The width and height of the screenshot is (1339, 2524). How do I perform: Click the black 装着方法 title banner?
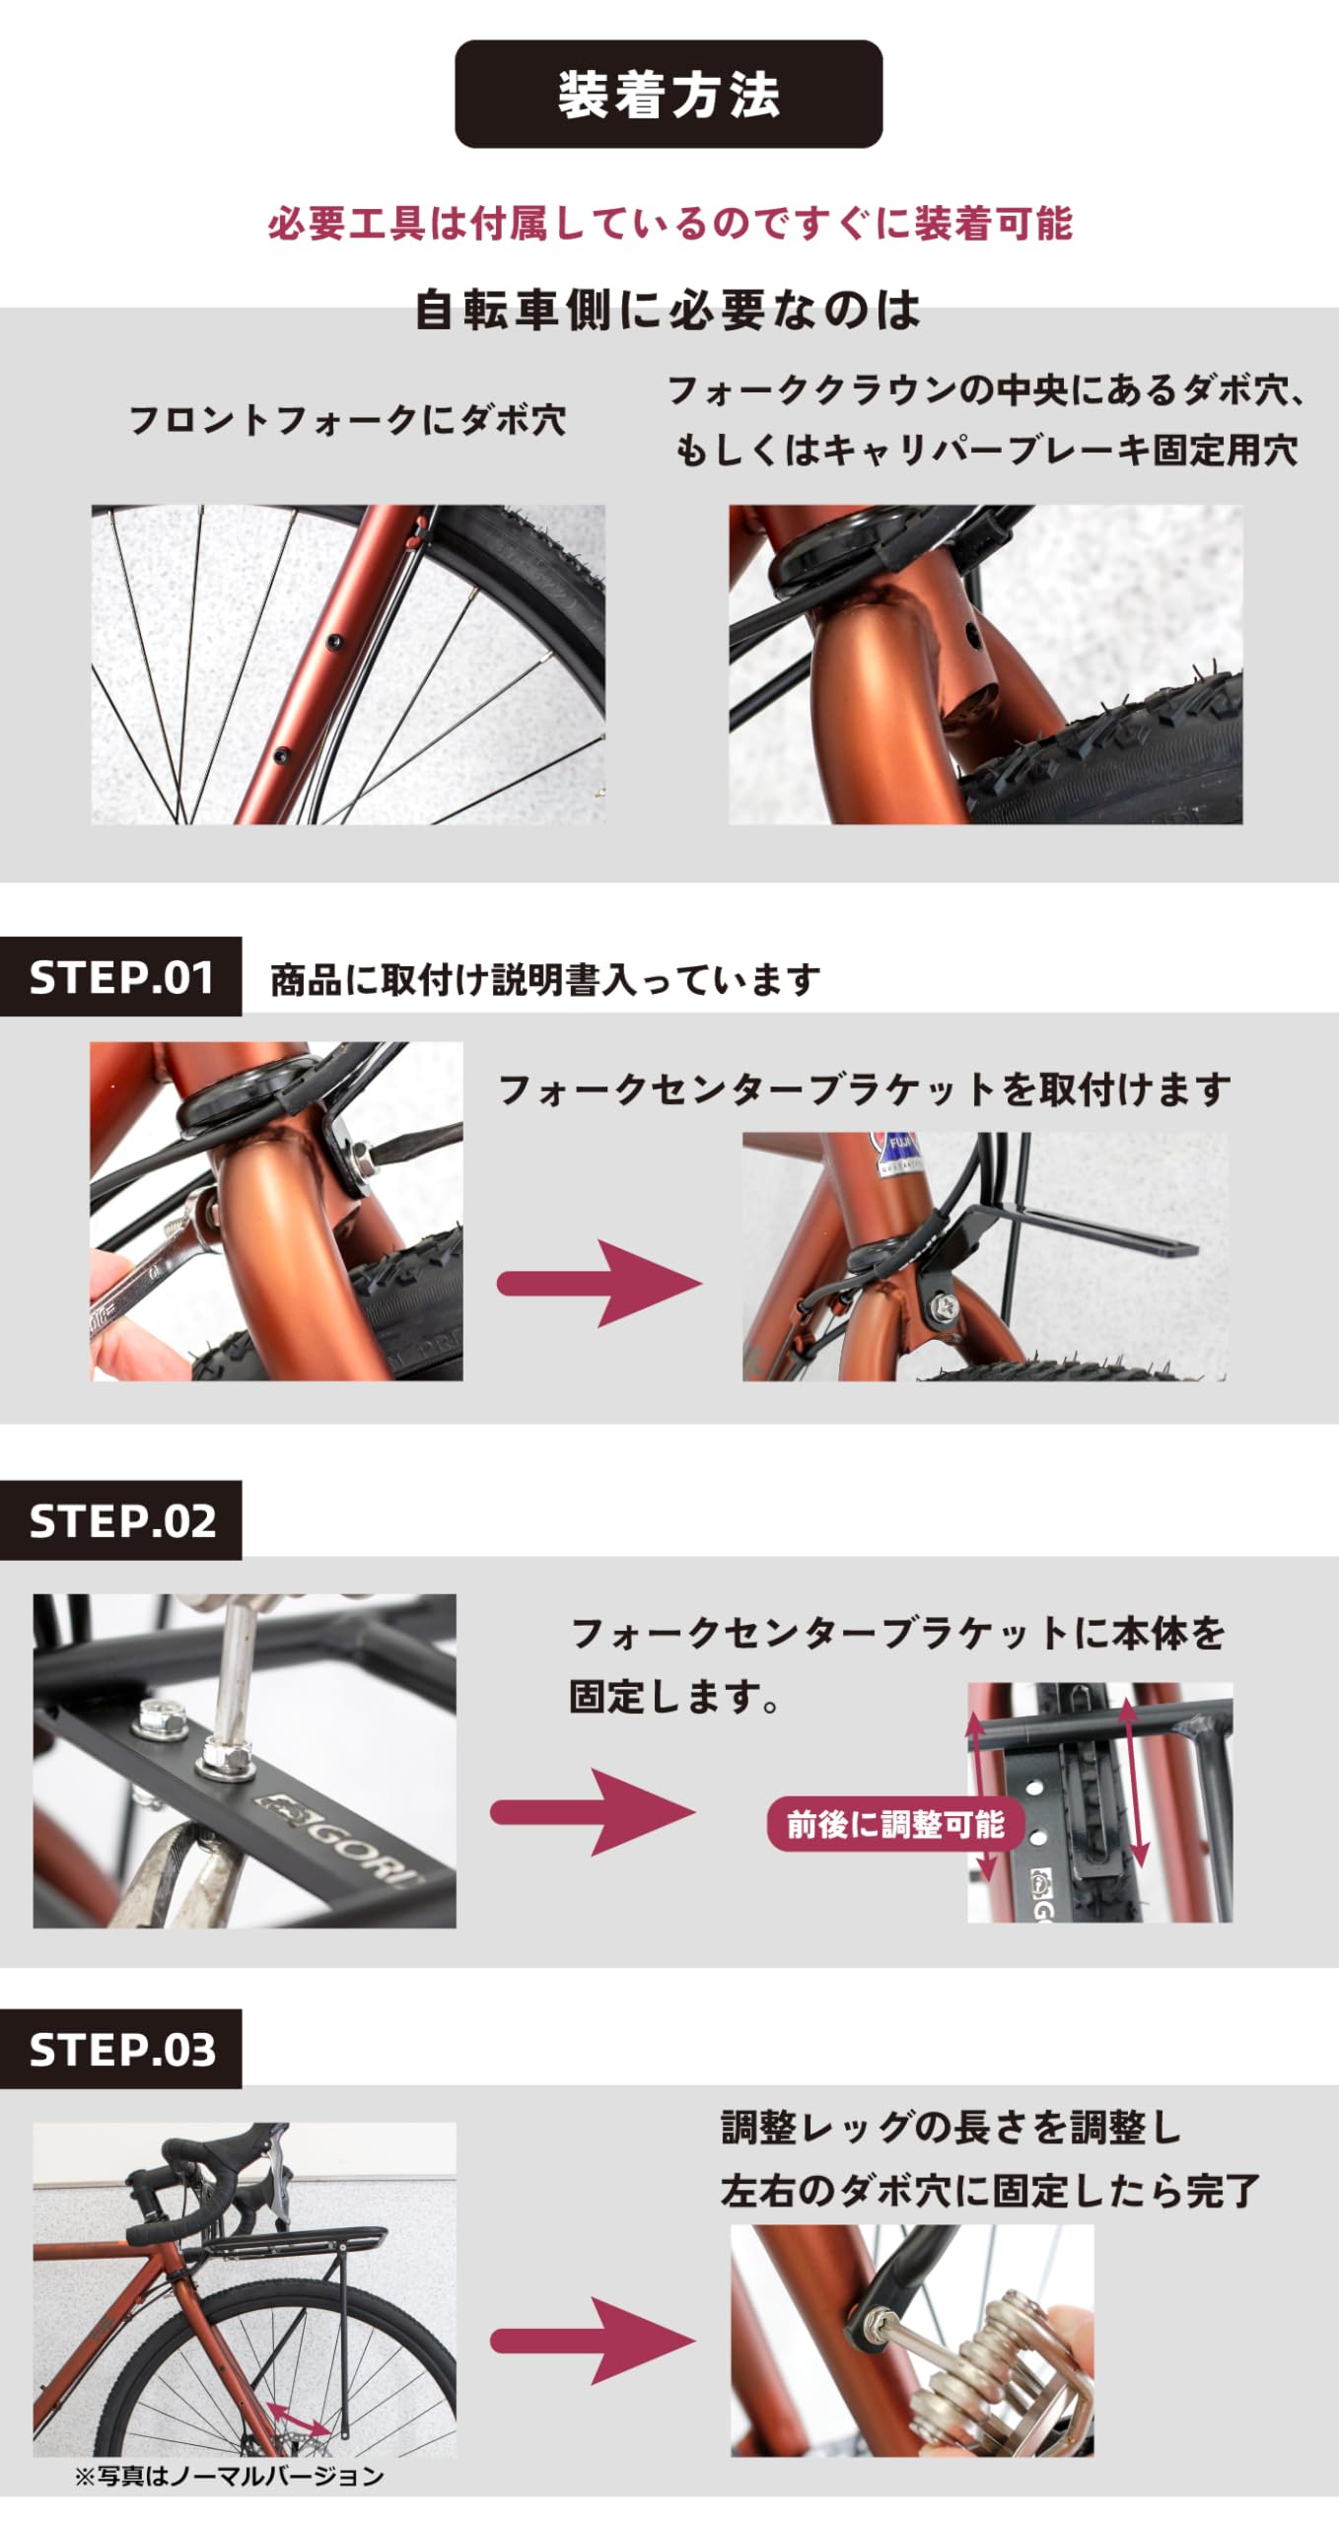tap(669, 95)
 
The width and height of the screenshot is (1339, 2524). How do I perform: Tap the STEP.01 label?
tap(121, 977)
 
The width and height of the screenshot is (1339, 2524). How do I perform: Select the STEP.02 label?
tap(121, 1520)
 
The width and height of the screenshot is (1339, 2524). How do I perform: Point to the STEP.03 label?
tap(121, 2049)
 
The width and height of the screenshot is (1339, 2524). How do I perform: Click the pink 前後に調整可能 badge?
tap(895, 1824)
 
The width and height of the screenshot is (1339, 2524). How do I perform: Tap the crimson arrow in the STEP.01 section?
tap(599, 1283)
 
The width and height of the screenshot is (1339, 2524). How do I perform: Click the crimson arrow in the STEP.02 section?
tap(593, 1812)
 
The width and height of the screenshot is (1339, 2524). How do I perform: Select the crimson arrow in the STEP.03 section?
tap(593, 2341)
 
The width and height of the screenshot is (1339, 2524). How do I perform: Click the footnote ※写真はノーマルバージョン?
tap(229, 2475)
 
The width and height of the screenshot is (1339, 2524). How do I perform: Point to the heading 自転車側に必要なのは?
tap(668, 310)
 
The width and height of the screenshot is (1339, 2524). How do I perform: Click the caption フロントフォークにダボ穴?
tap(348, 420)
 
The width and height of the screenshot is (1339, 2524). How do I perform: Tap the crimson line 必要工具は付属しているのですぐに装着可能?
tap(669, 224)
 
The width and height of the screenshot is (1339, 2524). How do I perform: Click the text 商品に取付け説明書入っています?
tap(545, 980)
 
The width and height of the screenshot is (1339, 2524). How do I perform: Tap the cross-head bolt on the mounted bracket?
tap(941, 1307)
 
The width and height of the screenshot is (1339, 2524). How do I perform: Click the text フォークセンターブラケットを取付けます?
tap(865, 1090)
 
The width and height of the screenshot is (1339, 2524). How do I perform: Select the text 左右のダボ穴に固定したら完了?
tap(990, 2190)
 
